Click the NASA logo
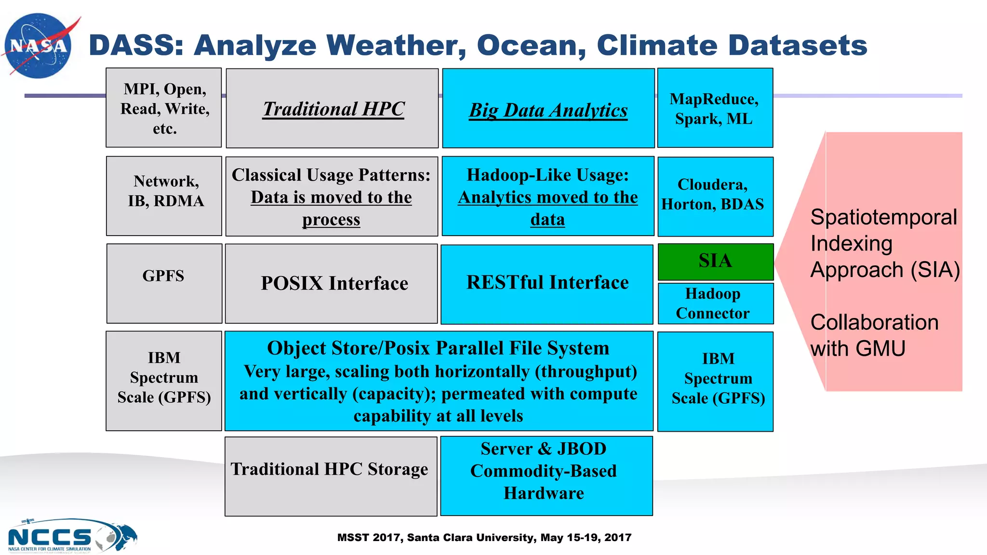tap(39, 46)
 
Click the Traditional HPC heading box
tap(333, 108)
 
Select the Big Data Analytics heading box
tap(548, 109)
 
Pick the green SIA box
tap(715, 262)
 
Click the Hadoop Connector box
tap(715, 304)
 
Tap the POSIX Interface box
tap(333, 283)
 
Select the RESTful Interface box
tap(547, 283)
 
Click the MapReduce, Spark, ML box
tap(715, 108)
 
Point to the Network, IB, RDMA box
tap(164, 196)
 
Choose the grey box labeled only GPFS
tap(164, 283)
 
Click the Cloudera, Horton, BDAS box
tap(715, 196)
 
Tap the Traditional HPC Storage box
tap(331, 476)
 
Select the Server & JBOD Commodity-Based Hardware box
tap(546, 476)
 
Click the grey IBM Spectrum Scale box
tap(164, 381)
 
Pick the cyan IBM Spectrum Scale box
tap(715, 381)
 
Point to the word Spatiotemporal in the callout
tap(883, 217)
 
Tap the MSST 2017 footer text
tap(484, 538)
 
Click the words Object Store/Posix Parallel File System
tap(438, 348)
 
